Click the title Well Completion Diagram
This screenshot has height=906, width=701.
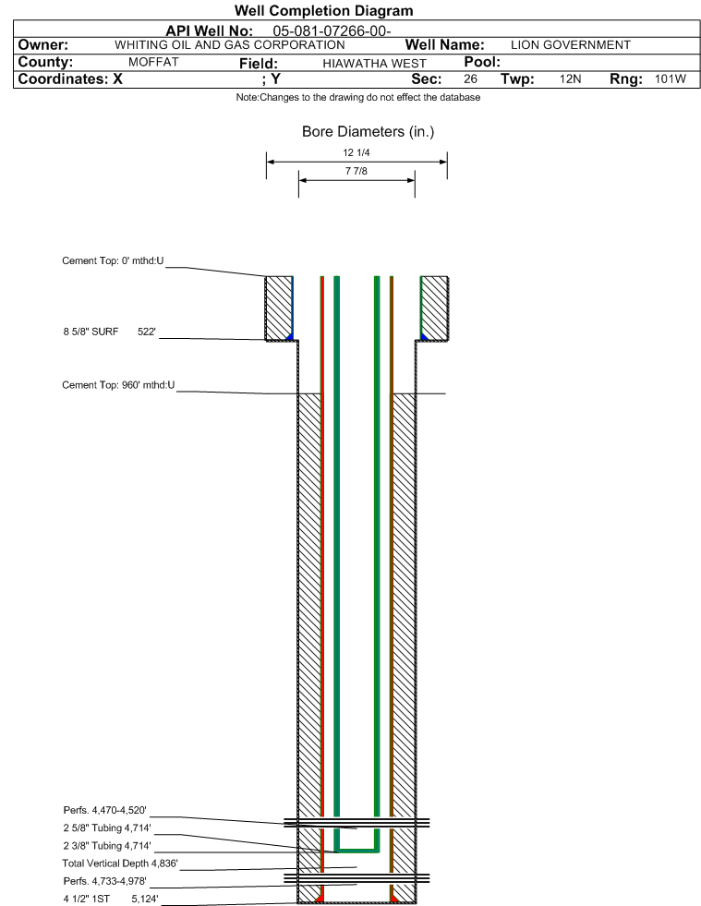pyautogui.click(x=323, y=11)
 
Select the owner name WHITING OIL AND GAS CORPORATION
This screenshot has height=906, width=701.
pyautogui.click(x=229, y=45)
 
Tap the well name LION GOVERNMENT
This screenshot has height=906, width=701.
pyautogui.click(x=570, y=45)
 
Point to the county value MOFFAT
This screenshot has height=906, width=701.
pyautogui.click(x=153, y=63)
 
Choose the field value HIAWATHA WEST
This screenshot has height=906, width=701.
pyautogui.click(x=375, y=64)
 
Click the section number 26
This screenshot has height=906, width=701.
pyautogui.click(x=470, y=79)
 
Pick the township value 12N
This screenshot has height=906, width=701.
pyautogui.click(x=570, y=79)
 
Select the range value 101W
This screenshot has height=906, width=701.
pyautogui.click(x=671, y=79)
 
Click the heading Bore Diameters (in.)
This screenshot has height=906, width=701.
pyautogui.click(x=368, y=132)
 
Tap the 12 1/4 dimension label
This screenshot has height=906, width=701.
pyautogui.click(x=356, y=154)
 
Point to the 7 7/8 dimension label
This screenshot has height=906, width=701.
pyautogui.click(x=356, y=172)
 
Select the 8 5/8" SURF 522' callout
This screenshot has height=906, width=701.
pyautogui.click(x=109, y=331)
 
